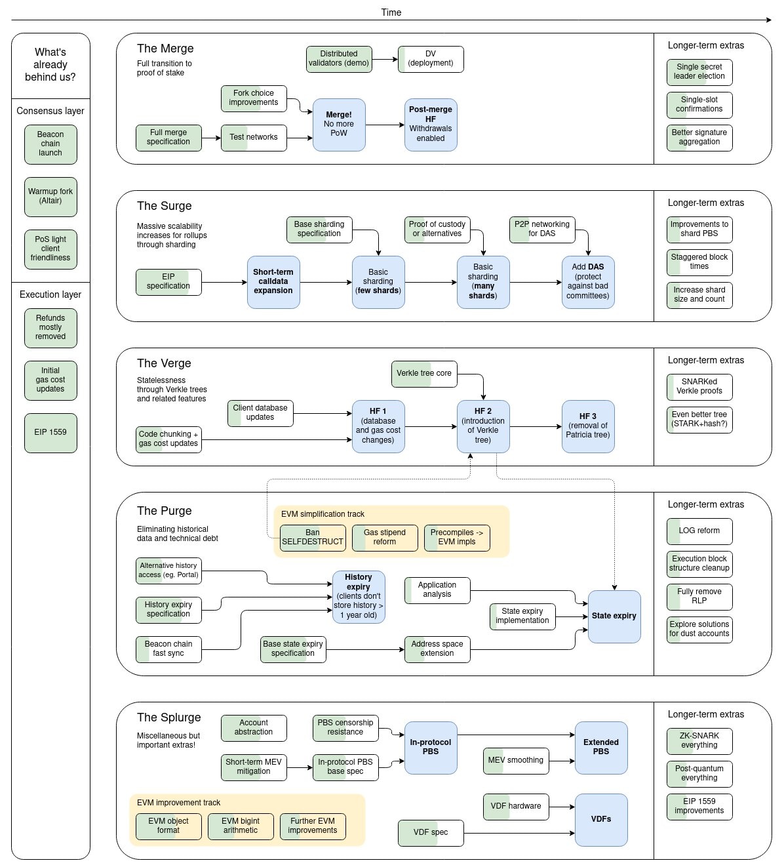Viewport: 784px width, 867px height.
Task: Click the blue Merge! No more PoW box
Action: click(x=339, y=125)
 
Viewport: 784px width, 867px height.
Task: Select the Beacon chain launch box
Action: click(x=50, y=144)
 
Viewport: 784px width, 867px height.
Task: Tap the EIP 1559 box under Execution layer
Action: click(x=50, y=433)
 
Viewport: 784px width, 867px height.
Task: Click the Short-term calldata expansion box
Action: click(x=273, y=282)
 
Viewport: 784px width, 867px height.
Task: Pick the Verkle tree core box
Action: click(x=424, y=374)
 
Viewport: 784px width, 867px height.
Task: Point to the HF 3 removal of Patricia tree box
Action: click(x=588, y=426)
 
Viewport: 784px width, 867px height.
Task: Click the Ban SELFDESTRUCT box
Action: click(x=313, y=538)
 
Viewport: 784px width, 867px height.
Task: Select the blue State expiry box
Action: click(x=614, y=616)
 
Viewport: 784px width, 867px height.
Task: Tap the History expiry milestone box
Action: click(x=359, y=597)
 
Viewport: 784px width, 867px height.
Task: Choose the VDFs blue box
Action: click(x=601, y=820)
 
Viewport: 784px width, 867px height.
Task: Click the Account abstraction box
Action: click(x=254, y=728)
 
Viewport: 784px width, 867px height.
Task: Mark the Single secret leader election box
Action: click(x=699, y=72)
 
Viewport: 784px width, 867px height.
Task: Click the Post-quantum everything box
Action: click(x=699, y=774)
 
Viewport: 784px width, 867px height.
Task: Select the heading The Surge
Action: click(x=165, y=206)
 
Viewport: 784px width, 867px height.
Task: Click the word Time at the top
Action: click(x=391, y=12)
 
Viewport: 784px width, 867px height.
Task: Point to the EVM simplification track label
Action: click(x=323, y=514)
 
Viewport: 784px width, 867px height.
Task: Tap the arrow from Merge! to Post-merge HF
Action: click(x=385, y=125)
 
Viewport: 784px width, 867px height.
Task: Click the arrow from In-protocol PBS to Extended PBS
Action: click(x=516, y=735)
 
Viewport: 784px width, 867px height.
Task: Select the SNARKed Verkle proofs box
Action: click(x=699, y=387)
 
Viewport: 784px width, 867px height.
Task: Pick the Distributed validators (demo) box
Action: click(x=339, y=59)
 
